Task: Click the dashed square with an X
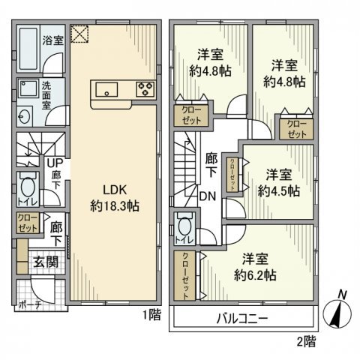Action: click(x=79, y=33)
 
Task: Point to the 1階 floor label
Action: click(x=151, y=316)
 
